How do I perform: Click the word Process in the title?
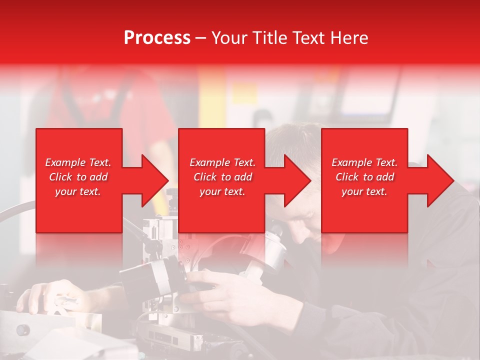(157, 38)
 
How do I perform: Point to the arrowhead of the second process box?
(296, 180)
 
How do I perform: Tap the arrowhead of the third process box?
(439, 180)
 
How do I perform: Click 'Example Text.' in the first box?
(78, 162)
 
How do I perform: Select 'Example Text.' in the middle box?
(222, 162)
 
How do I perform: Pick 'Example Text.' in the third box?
(364, 162)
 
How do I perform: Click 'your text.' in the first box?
(78, 191)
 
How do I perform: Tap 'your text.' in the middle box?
(222, 191)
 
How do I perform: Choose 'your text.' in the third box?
(364, 191)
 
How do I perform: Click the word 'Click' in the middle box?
(204, 177)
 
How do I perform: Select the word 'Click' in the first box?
(60, 177)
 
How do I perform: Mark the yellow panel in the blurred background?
(212, 100)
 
